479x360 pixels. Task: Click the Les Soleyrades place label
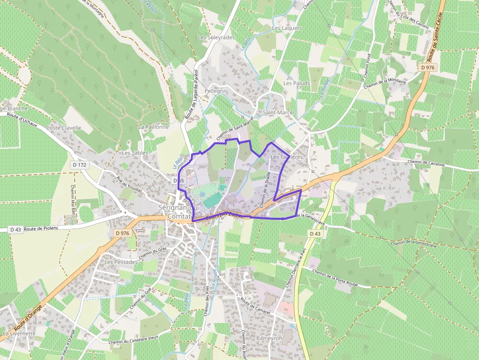click(216, 37)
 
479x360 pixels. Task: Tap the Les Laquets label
click(287, 28)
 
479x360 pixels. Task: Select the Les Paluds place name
click(297, 83)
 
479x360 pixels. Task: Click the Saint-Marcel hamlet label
click(279, 112)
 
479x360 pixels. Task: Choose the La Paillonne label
click(153, 127)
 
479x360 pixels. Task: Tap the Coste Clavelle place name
click(64, 127)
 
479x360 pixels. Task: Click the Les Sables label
click(135, 153)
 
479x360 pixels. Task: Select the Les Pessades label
click(121, 262)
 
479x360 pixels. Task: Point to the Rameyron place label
click(269, 338)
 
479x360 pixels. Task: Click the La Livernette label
click(19, 334)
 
